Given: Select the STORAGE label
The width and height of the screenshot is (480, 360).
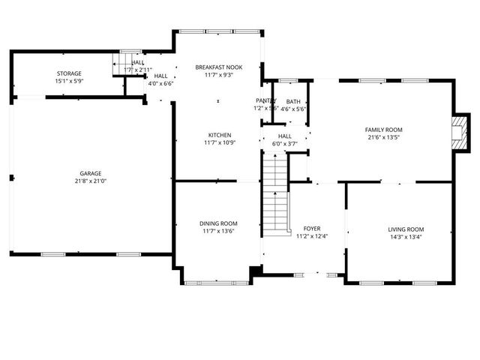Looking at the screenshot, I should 68,73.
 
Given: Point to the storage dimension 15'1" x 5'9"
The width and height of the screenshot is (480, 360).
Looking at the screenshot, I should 68,80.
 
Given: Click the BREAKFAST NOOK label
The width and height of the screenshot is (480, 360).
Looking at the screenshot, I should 218,67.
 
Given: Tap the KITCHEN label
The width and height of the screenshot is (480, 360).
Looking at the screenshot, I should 219,135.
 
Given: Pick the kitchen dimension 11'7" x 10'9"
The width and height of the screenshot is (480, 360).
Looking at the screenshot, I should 219,142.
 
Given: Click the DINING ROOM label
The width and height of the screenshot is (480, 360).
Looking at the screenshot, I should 218,223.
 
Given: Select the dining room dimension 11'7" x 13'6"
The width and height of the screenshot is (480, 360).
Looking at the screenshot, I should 218,231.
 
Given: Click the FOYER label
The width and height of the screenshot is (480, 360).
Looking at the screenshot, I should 311,229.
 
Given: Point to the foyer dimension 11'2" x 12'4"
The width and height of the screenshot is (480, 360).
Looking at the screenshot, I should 311,236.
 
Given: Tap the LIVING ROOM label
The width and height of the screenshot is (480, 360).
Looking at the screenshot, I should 406,229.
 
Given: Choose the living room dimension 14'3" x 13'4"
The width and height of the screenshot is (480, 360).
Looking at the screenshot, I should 406,237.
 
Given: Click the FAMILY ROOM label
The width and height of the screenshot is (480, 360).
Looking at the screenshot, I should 383,130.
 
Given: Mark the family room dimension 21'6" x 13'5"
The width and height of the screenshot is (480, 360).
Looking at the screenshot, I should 383,137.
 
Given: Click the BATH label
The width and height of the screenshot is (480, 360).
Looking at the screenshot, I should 292,101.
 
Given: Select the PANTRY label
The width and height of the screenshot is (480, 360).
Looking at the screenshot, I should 265,100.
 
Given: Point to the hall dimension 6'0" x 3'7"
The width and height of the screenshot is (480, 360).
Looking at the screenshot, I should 284,143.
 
